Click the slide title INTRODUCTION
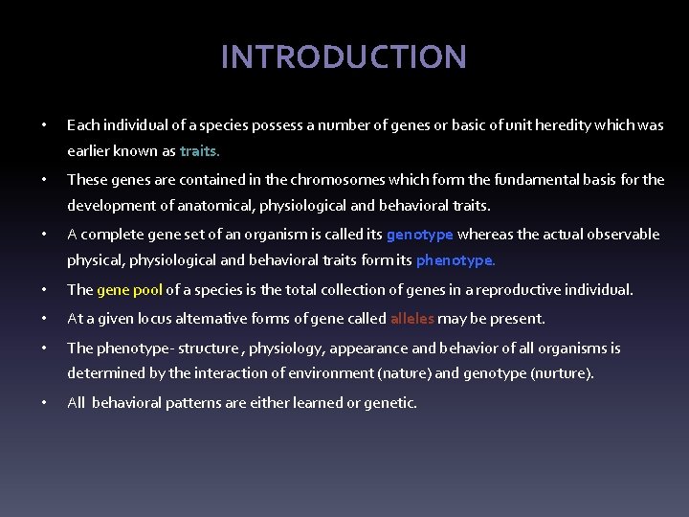(344, 57)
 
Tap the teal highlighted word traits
(199, 151)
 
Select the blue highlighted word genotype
(419, 235)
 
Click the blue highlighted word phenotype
(455, 260)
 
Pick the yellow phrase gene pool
(130, 290)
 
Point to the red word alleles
(412, 319)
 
